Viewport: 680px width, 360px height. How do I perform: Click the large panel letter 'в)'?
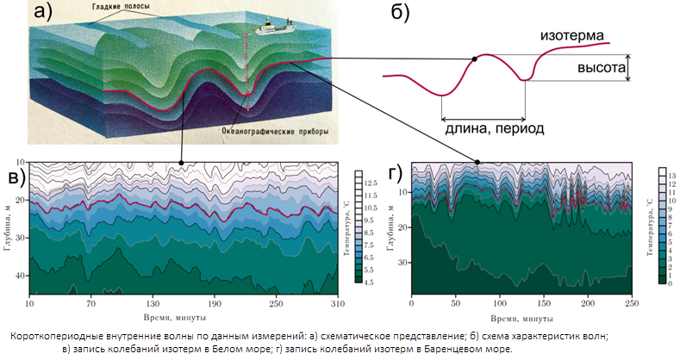17,178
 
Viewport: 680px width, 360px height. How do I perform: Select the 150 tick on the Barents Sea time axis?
544,304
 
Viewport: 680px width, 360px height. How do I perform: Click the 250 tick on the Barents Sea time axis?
632,304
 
